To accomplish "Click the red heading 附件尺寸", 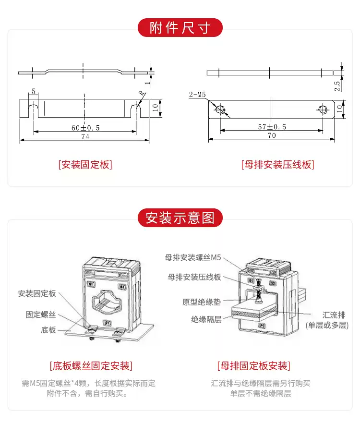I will click(x=180, y=28).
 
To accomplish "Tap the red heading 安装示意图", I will click(x=180, y=218).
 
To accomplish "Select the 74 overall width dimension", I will click(x=85, y=137).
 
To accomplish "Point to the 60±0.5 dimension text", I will click(x=85, y=127).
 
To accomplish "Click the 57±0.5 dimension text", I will click(x=271, y=127).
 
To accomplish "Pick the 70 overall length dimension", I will click(x=271, y=136).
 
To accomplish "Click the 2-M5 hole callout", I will click(x=197, y=95).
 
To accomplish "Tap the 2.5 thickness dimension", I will click(x=337, y=85).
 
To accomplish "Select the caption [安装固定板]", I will click(x=85, y=165).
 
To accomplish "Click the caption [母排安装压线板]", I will click(x=277, y=165).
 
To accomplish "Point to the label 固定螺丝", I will click(x=41, y=315).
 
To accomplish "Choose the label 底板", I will click(x=48, y=330).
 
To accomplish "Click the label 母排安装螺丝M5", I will click(x=193, y=257).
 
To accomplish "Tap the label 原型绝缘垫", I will click(x=202, y=303).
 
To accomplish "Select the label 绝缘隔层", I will click(x=206, y=319).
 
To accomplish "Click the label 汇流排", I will click(x=334, y=315).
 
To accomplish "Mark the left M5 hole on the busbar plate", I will click(x=220, y=109).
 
